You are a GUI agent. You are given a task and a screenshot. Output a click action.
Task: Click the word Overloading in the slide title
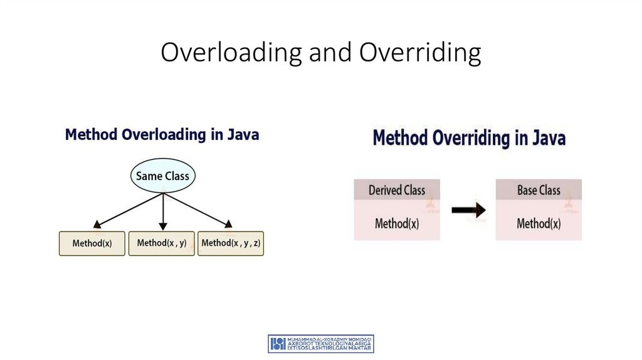pyautogui.click(x=232, y=53)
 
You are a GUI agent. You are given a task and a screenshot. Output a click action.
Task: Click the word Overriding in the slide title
pyautogui.click(x=419, y=53)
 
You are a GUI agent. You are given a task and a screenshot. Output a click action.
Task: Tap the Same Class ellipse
pyautogui.click(x=163, y=176)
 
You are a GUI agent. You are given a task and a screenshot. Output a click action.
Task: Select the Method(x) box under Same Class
pyautogui.click(x=92, y=243)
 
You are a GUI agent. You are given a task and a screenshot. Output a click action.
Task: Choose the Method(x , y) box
pyautogui.click(x=162, y=243)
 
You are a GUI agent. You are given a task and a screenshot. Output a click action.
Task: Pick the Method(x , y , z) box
pyautogui.click(x=231, y=243)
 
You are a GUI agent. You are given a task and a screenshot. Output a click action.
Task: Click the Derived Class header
pyautogui.click(x=397, y=190)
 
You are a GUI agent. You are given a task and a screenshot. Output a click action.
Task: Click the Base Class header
pyautogui.click(x=539, y=190)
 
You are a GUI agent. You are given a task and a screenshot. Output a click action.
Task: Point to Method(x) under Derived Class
pyautogui.click(x=397, y=223)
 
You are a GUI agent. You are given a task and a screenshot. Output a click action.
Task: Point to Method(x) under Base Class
pyautogui.click(x=539, y=223)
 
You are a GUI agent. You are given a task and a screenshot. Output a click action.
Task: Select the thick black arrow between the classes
pyautogui.click(x=468, y=211)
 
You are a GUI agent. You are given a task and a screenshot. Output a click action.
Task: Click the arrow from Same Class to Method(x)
pyautogui.click(x=128, y=209)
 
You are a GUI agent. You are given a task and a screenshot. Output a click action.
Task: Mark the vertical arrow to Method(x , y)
pyautogui.click(x=163, y=211)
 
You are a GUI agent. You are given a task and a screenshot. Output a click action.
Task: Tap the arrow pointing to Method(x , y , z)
pyautogui.click(x=198, y=209)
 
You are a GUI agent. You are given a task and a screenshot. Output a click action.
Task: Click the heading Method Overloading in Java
pyautogui.click(x=162, y=135)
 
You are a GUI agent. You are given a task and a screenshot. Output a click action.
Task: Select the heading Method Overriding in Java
pyautogui.click(x=469, y=138)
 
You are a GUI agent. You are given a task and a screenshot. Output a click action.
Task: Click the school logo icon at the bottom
pyautogui.click(x=277, y=343)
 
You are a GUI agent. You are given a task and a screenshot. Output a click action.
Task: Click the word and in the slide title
pyautogui.click(x=332, y=53)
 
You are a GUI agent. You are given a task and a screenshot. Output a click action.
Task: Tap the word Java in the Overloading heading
pyautogui.click(x=242, y=135)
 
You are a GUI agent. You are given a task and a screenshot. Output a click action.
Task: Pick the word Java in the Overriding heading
pyautogui.click(x=548, y=138)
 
